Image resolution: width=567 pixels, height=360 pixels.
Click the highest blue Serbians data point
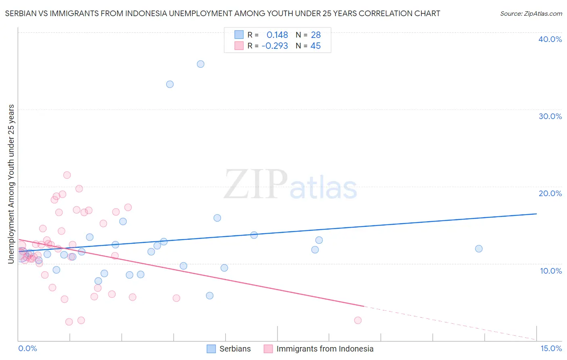click(x=200, y=64)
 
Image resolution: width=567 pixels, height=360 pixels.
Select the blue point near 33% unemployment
click(x=170, y=84)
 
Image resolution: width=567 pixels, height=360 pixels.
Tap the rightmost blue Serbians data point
click(x=479, y=249)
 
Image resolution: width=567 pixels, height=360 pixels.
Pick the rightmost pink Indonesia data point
click(x=358, y=320)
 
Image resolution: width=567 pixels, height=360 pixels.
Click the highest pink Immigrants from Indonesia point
click(x=67, y=175)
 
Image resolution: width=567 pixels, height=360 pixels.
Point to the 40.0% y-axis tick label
click(x=550, y=39)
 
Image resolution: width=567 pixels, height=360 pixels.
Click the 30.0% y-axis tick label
click(x=550, y=116)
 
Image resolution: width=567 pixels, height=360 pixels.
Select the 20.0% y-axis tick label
click(x=550, y=193)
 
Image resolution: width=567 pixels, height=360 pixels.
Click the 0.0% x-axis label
click(x=27, y=348)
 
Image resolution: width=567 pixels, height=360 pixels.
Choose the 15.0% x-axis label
click(x=551, y=348)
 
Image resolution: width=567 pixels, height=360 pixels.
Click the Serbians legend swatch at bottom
click(x=211, y=349)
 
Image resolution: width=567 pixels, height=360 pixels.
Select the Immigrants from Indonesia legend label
click(x=325, y=349)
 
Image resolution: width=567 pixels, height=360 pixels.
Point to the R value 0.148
click(x=277, y=35)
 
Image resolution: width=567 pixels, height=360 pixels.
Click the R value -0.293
click(x=275, y=46)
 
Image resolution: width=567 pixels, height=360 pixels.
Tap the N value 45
click(x=315, y=46)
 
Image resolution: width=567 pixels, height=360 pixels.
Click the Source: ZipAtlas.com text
click(x=531, y=13)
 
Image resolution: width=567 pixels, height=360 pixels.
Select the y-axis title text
click(x=11, y=184)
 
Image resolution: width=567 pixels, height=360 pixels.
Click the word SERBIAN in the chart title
click(x=21, y=13)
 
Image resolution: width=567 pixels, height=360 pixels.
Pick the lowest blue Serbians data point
click(x=210, y=295)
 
